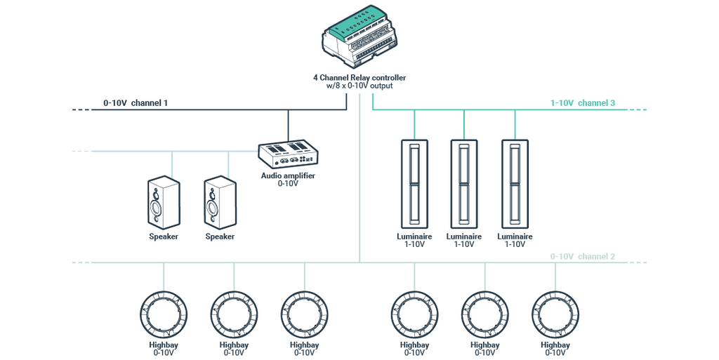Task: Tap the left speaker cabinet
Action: [163, 203]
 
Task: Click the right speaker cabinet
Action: [219, 203]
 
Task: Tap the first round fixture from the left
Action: [163, 312]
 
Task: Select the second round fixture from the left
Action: [234, 312]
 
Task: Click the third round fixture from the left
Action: [304, 312]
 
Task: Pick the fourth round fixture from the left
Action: [414, 312]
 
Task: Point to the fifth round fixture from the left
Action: [484, 312]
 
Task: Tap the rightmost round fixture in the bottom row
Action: [554, 312]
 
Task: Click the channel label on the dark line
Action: [136, 103]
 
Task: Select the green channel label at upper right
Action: [582, 103]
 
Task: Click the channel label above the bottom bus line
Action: [582, 256]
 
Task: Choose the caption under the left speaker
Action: [163, 237]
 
